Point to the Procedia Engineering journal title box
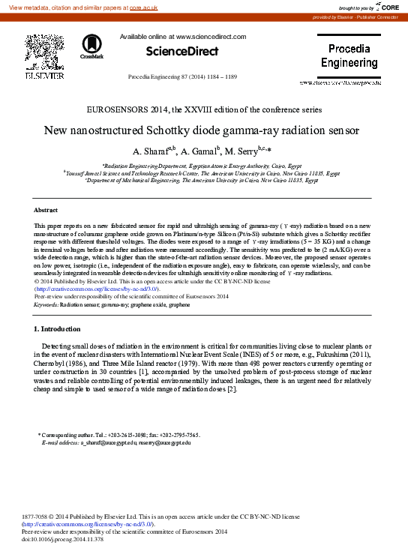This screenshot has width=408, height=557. (x=349, y=55)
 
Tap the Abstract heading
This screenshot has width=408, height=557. (x=47, y=210)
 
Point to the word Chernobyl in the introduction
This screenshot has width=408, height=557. (x=52, y=362)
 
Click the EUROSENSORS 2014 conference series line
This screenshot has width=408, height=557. (x=204, y=109)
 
